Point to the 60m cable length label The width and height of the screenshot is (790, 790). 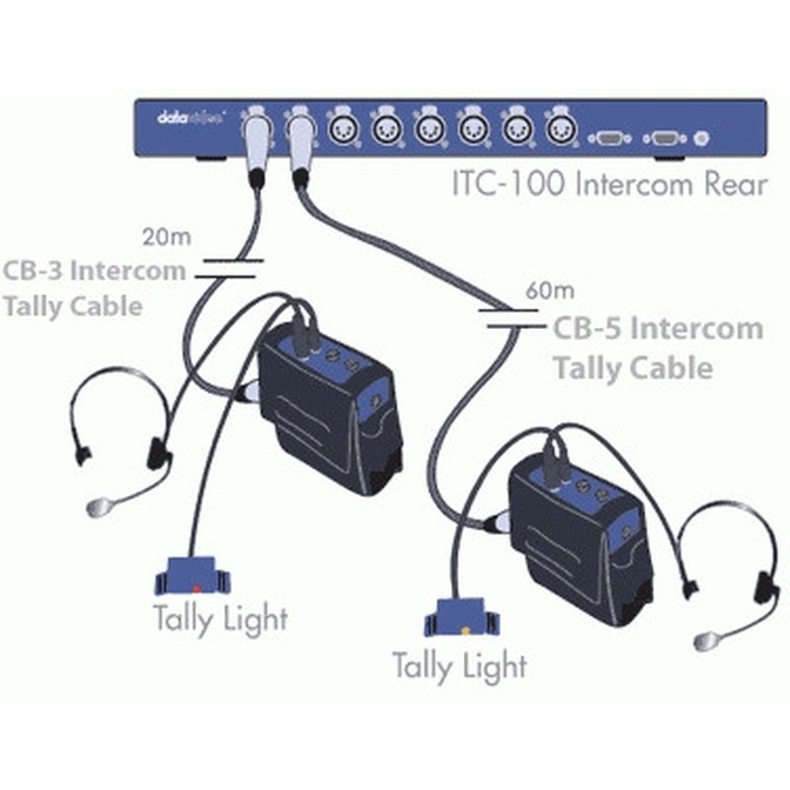[x=549, y=291]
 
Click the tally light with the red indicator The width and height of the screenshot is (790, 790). [x=195, y=574]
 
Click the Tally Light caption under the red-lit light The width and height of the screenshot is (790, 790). [x=220, y=618]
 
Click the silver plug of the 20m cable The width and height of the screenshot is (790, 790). [x=255, y=143]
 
